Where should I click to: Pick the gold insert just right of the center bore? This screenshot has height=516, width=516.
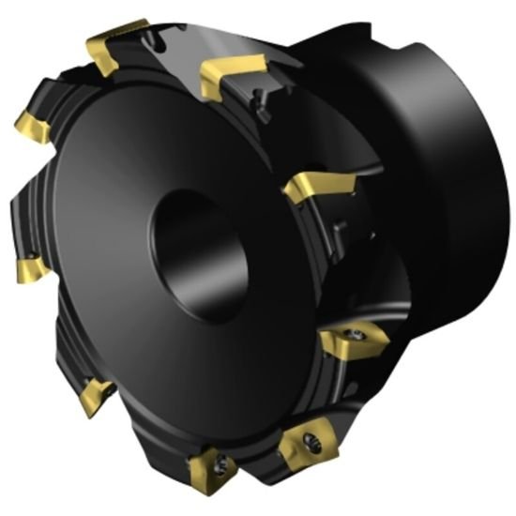point(317,187)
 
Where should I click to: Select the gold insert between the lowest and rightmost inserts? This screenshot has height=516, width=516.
point(304,440)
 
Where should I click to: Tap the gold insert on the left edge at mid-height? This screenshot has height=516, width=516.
point(31,270)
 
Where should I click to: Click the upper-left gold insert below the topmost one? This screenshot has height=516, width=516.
point(33,127)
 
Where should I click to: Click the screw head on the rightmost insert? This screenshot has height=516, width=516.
point(357,333)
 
